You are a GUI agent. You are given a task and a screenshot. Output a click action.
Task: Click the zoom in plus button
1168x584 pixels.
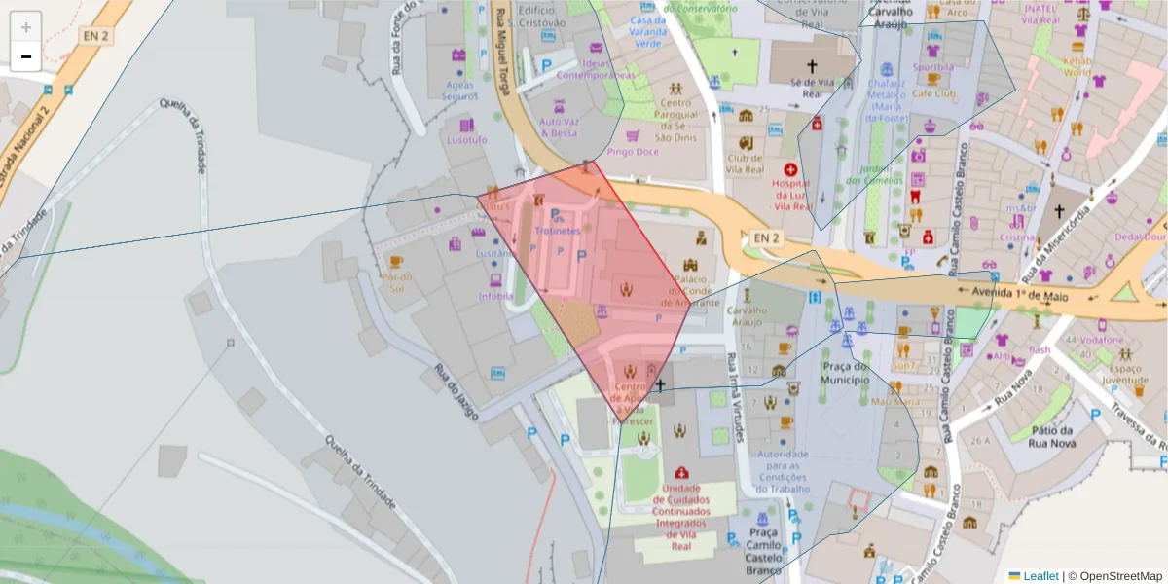pyautogui.click(x=26, y=27)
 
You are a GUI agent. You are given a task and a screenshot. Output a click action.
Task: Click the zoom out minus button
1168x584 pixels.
pyautogui.click(x=26, y=56)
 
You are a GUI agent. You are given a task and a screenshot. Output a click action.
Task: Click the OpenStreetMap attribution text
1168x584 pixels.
pyautogui.click(x=1120, y=576)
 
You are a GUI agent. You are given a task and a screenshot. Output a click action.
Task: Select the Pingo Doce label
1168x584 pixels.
pyautogui.click(x=633, y=152)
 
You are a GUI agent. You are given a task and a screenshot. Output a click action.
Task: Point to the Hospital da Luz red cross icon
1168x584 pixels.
pyautogui.click(x=790, y=168)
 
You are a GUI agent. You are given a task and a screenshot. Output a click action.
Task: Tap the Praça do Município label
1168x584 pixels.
pyautogui.click(x=845, y=372)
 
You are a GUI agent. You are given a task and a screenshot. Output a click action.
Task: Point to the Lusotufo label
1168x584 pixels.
pyautogui.click(x=466, y=139)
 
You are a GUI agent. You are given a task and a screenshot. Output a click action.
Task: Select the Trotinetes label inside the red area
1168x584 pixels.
pyautogui.click(x=557, y=231)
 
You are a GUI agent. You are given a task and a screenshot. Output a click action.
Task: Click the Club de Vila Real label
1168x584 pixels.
pyautogui.click(x=746, y=164)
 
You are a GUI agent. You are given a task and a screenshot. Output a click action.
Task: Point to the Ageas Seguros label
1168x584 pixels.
pyautogui.click(x=459, y=91)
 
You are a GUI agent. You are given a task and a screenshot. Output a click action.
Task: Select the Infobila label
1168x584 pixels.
pyautogui.click(x=496, y=296)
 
